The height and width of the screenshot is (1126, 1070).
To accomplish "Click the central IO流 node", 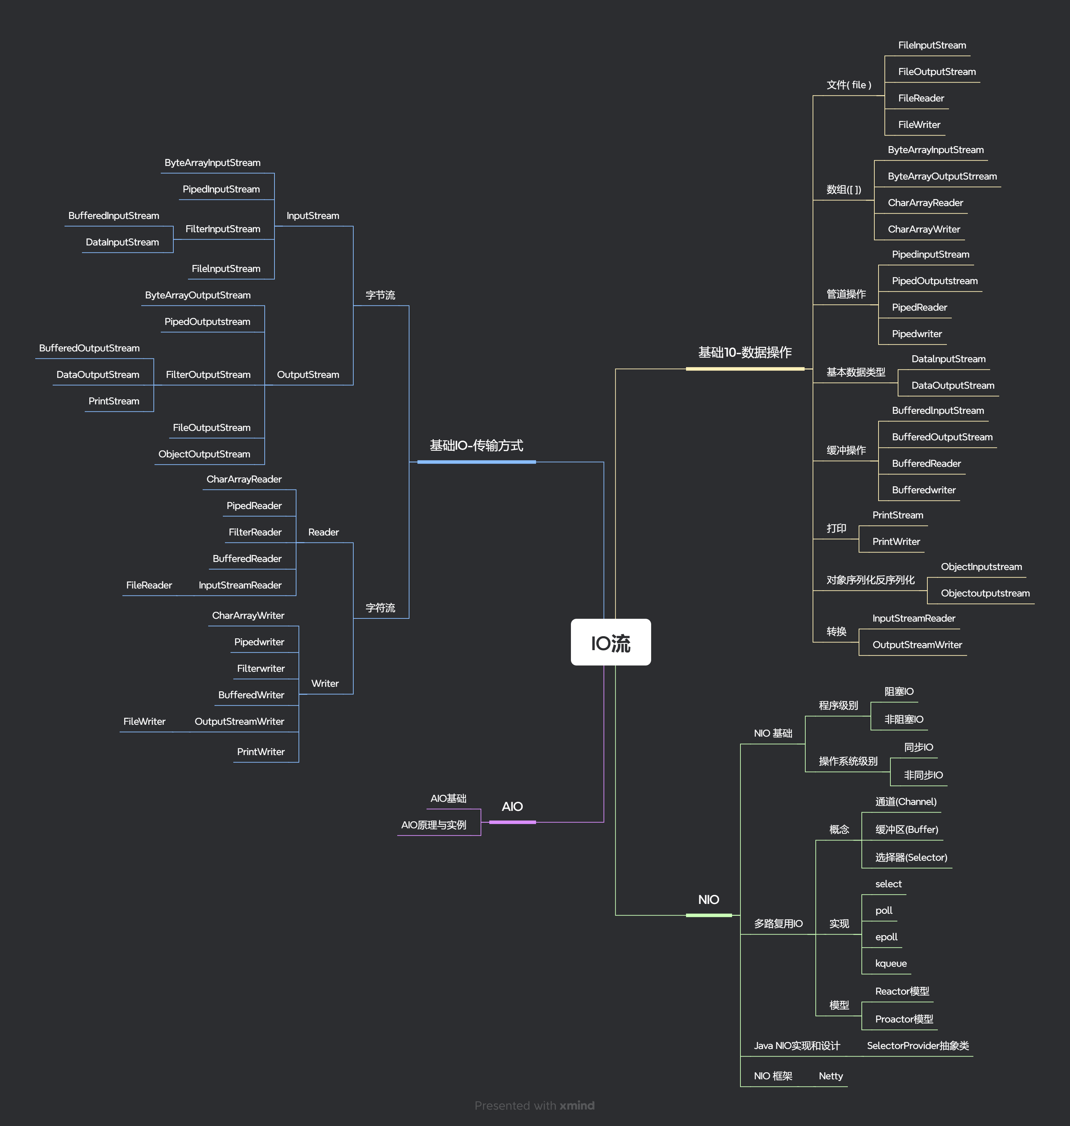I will (610, 642).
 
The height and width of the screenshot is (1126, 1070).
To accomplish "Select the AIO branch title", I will (512, 807).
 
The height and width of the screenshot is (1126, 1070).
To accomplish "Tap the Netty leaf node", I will (830, 1076).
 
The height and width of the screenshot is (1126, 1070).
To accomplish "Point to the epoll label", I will (886, 937).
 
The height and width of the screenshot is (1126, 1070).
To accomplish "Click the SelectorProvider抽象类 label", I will (917, 1045).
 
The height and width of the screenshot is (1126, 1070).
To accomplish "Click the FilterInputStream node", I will (223, 229).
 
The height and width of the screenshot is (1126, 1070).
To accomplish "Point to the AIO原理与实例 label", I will (434, 825).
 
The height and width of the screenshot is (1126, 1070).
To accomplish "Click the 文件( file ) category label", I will (849, 85).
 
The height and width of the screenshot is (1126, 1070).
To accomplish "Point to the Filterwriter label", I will (261, 668).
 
